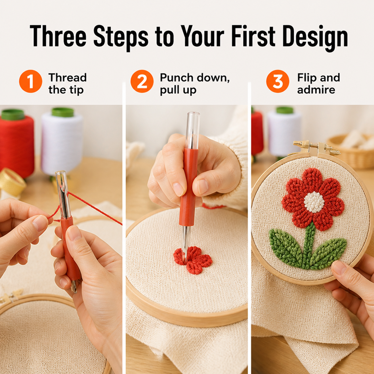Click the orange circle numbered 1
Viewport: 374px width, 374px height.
(31, 81)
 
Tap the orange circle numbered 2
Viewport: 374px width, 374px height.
(142, 81)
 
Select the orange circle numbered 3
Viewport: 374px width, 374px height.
(278, 81)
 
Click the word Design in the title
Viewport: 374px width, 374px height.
(315, 38)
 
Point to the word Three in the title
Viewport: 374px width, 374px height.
(58, 36)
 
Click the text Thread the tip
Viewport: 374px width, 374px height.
(68, 84)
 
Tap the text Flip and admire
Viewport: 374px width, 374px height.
(318, 84)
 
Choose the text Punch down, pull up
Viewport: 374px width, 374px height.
(195, 84)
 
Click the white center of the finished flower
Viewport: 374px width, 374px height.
(314, 202)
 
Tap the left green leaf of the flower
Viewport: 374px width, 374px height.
(286, 247)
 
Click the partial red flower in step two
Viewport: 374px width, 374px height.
(193, 260)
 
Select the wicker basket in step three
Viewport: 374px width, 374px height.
(351, 150)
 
